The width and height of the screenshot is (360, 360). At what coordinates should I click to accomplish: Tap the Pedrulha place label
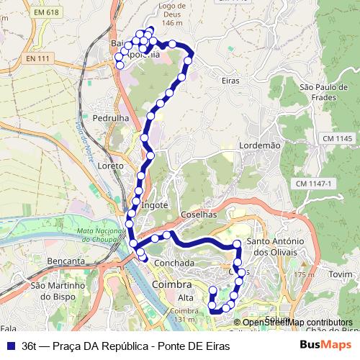[110, 117]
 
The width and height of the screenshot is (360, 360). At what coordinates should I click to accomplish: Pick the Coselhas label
[199, 215]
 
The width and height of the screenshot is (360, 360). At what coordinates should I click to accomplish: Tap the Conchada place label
[174, 264]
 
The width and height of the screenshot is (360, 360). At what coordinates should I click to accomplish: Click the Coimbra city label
[172, 285]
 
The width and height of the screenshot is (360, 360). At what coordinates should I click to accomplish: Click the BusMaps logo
[325, 345]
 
